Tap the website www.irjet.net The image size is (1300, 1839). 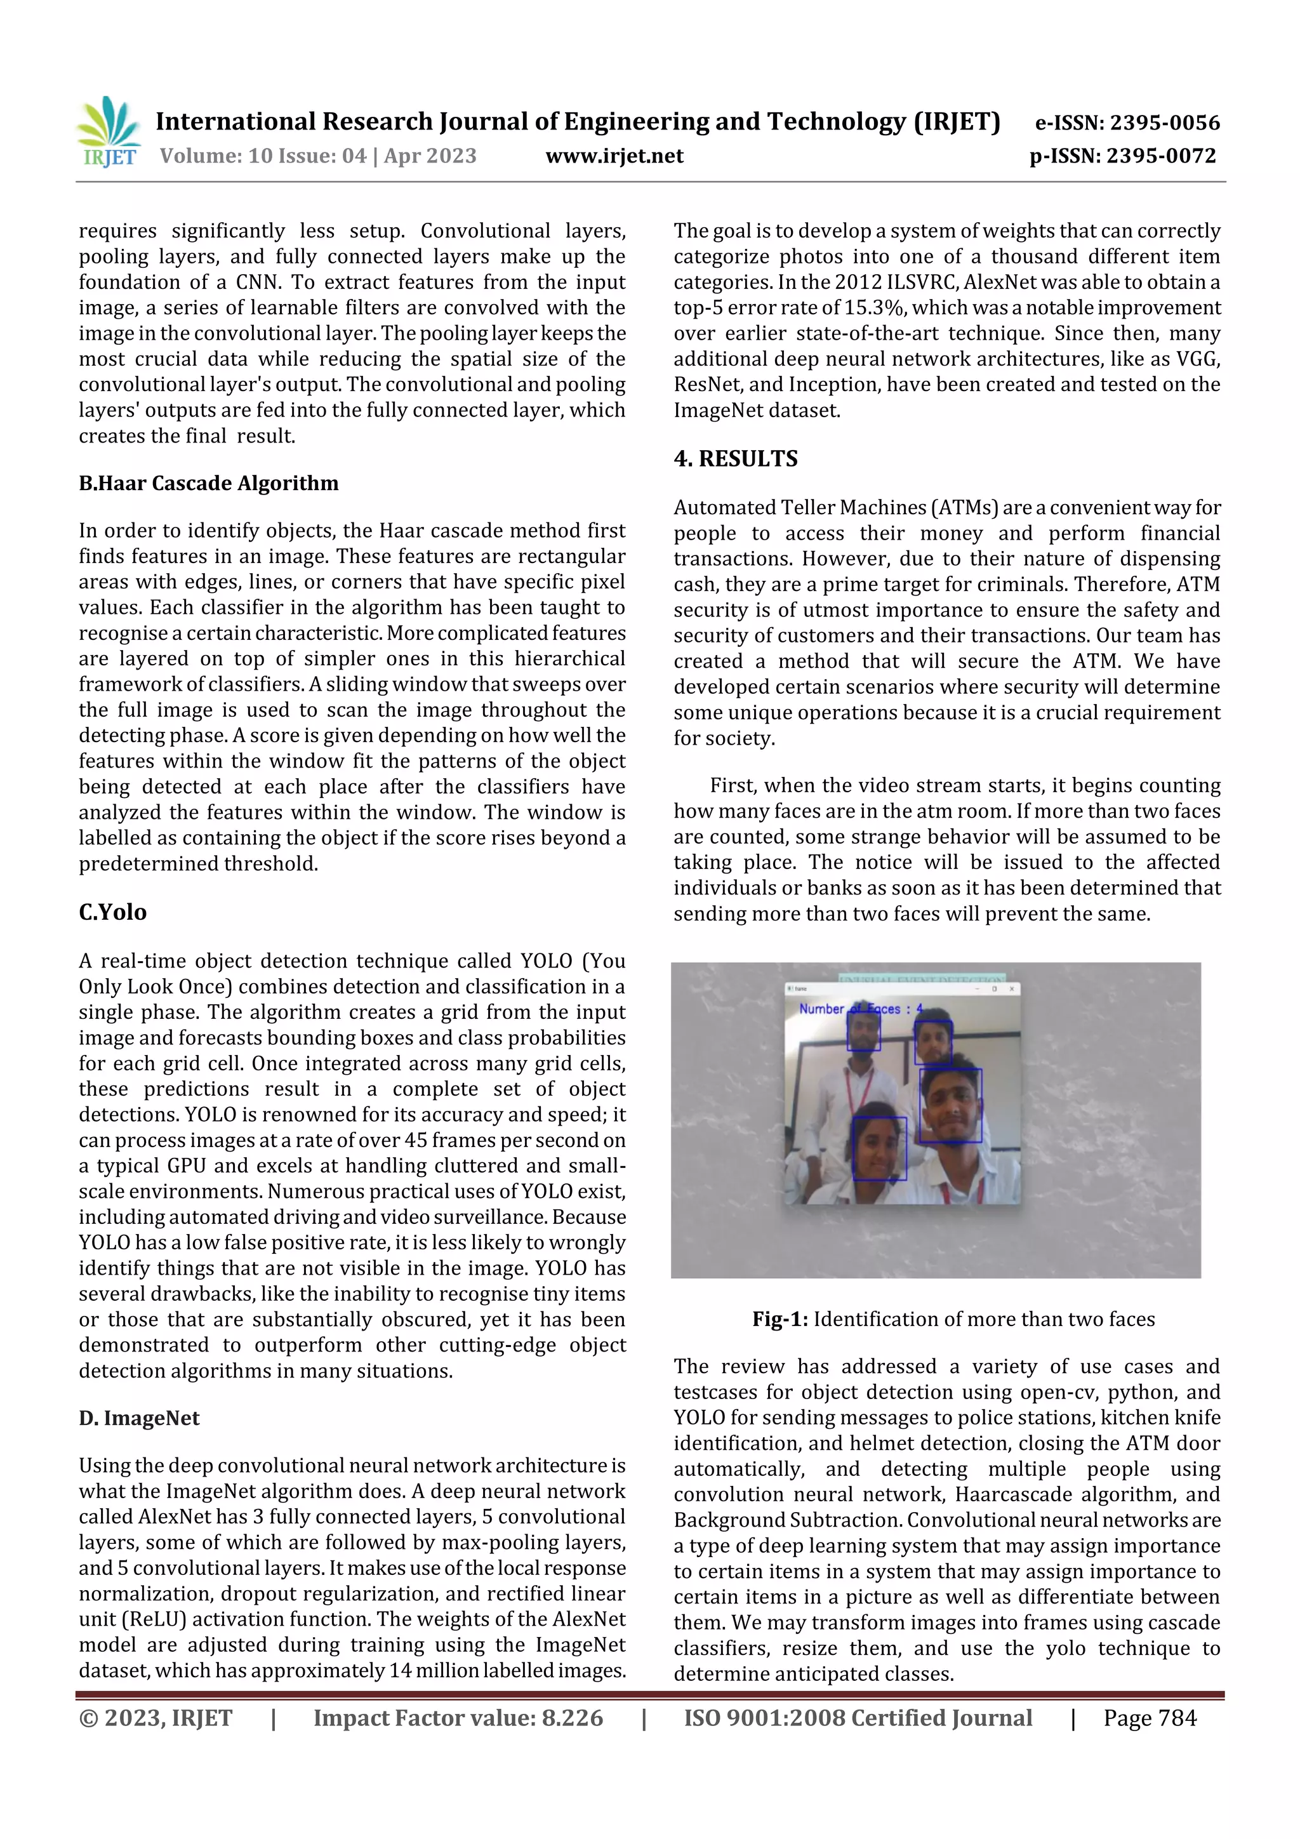coord(614,156)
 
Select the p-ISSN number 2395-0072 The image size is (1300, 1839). coord(1160,156)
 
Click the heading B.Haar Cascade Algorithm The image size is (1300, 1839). coord(208,483)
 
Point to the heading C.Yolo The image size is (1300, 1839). coord(112,912)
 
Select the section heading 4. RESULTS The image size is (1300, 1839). coord(735,458)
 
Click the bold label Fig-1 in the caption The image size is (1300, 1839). coord(779,1319)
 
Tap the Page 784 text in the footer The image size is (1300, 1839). coord(1150,1717)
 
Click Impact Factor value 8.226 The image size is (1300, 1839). coord(458,1717)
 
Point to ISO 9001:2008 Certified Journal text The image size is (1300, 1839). coord(857,1717)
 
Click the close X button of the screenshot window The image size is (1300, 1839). coord(1012,989)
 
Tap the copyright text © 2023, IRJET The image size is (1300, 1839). coord(156,1717)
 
